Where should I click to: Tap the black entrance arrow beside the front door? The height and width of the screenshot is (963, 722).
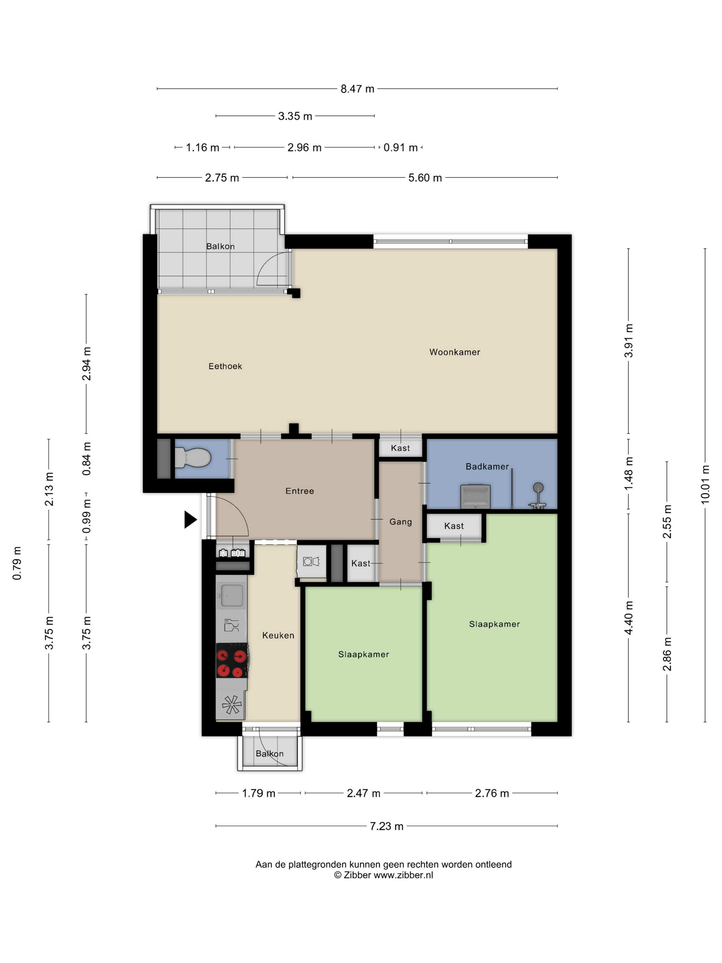tap(190, 519)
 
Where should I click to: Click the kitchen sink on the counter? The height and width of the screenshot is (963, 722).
tap(231, 595)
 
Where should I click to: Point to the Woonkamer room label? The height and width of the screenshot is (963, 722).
tap(455, 352)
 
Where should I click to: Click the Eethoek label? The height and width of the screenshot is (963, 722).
tap(225, 366)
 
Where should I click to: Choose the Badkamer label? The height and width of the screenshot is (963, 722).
tap(487, 466)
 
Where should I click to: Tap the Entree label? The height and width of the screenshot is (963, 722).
tap(299, 491)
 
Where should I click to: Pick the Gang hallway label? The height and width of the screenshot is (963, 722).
tap(401, 521)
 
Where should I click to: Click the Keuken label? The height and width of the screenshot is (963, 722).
tap(278, 635)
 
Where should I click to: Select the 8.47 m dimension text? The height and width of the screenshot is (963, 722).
tap(357, 89)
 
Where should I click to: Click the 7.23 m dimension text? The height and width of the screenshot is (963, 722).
tap(386, 826)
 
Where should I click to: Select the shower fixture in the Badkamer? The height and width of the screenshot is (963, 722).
tap(538, 495)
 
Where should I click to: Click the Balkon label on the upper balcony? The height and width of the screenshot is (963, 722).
tap(220, 246)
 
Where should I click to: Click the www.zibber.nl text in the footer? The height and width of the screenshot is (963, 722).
tap(403, 875)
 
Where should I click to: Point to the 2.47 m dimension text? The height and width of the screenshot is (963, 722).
tap(363, 793)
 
